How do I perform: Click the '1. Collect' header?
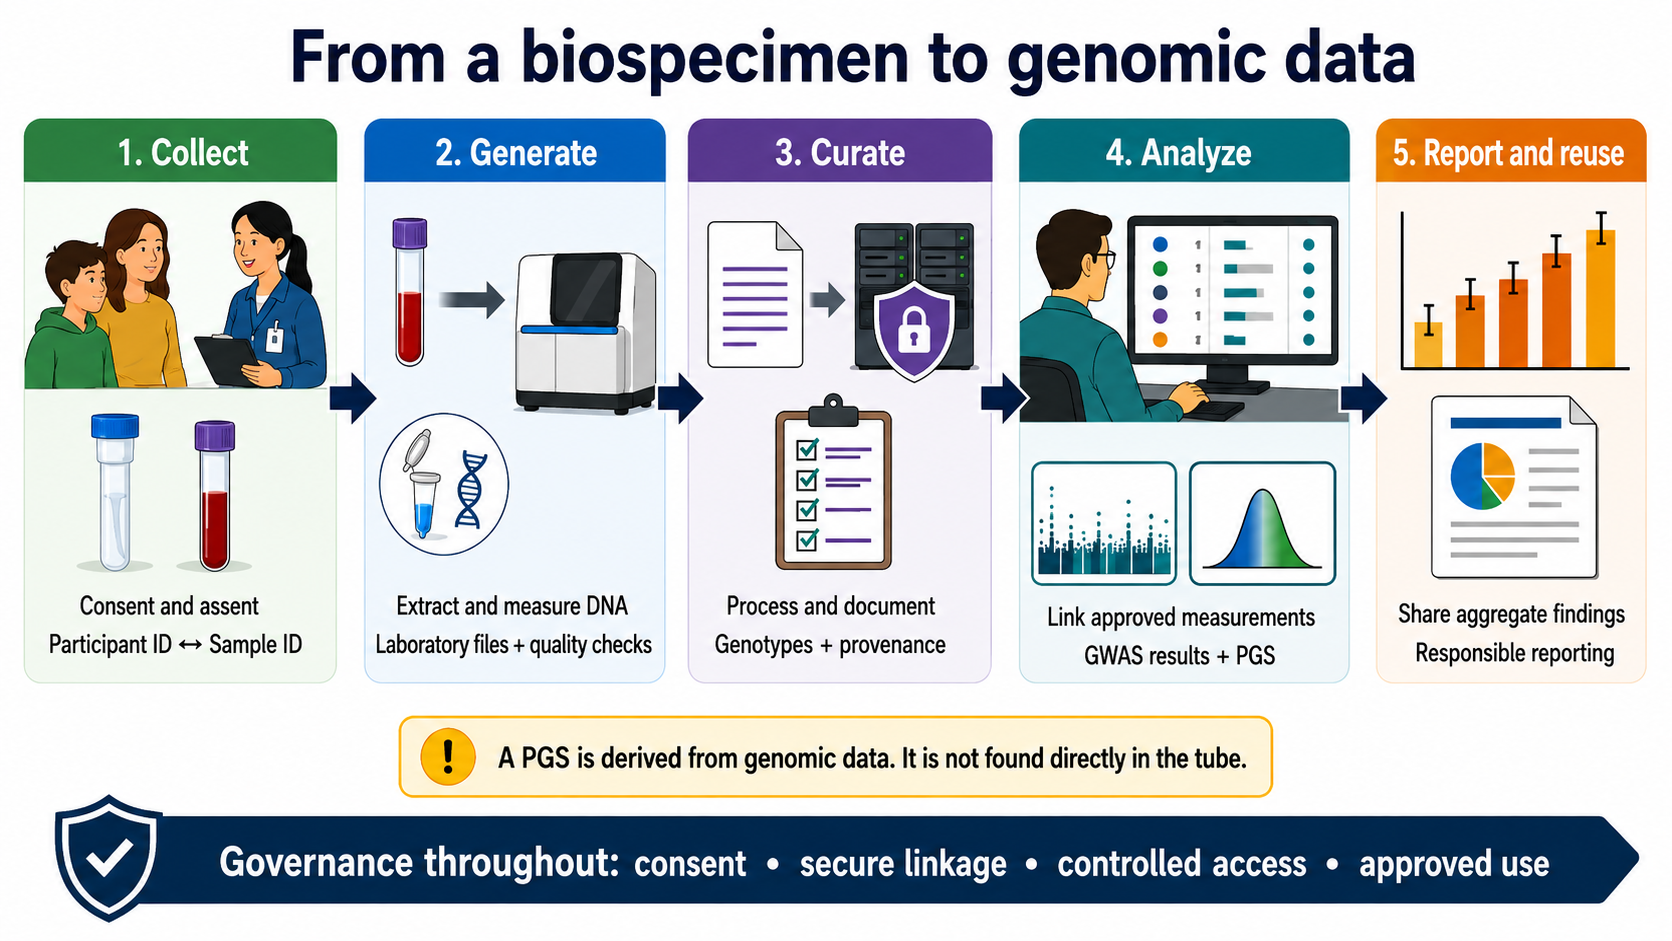tap(183, 153)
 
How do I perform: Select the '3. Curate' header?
tap(840, 153)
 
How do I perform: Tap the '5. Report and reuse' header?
tap(1508, 153)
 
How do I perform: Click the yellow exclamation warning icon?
tap(448, 757)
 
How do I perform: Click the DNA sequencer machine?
tap(585, 333)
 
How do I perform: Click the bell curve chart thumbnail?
tap(1262, 523)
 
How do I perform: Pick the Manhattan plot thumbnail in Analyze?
tap(1104, 523)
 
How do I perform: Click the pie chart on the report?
tap(1482, 476)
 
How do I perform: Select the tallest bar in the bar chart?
tap(1600, 297)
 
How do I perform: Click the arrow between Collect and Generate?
tap(352, 398)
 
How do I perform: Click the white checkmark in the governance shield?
tap(109, 858)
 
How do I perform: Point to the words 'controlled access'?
tap(1182, 863)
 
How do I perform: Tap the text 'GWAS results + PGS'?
tap(1179, 655)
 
